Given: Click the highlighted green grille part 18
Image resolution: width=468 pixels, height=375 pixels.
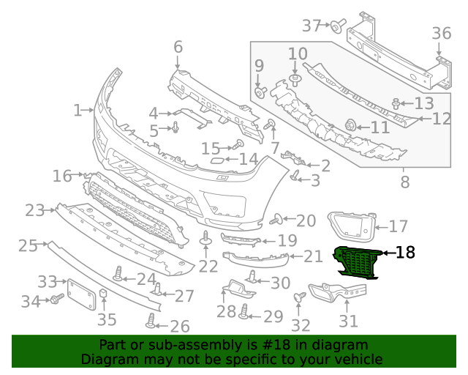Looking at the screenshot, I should pyautogui.click(x=356, y=262).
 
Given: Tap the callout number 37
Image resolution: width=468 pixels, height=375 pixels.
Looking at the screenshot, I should pyautogui.click(x=312, y=26).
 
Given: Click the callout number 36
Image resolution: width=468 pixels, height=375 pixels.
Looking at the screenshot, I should pyautogui.click(x=441, y=33).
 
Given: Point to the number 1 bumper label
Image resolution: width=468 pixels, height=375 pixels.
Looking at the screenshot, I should pyautogui.click(x=78, y=111).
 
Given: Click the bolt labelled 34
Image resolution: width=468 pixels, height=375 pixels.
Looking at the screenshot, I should pyautogui.click(x=54, y=300).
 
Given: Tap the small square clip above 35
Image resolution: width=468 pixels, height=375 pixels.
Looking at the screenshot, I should pyautogui.click(x=104, y=296).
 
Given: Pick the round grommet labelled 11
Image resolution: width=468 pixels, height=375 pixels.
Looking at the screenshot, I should pyautogui.click(x=350, y=125).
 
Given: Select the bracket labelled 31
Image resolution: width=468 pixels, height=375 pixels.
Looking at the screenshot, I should pyautogui.click(x=333, y=294).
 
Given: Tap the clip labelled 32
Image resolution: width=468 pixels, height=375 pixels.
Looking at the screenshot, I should pyautogui.click(x=298, y=297).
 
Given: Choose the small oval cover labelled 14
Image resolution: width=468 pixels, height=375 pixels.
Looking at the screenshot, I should pyautogui.click(x=216, y=160).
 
